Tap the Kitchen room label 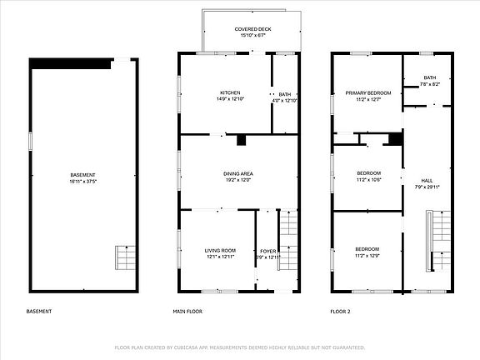point(230,92)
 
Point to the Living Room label point(220,250)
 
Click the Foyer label point(267,250)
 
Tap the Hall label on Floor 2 point(427,180)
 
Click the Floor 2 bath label point(429,77)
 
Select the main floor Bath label point(285,94)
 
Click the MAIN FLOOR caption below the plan point(187,312)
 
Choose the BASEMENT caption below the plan point(39,312)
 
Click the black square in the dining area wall point(242,141)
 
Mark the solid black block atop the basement point(71,62)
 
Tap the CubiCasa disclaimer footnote point(240,347)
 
